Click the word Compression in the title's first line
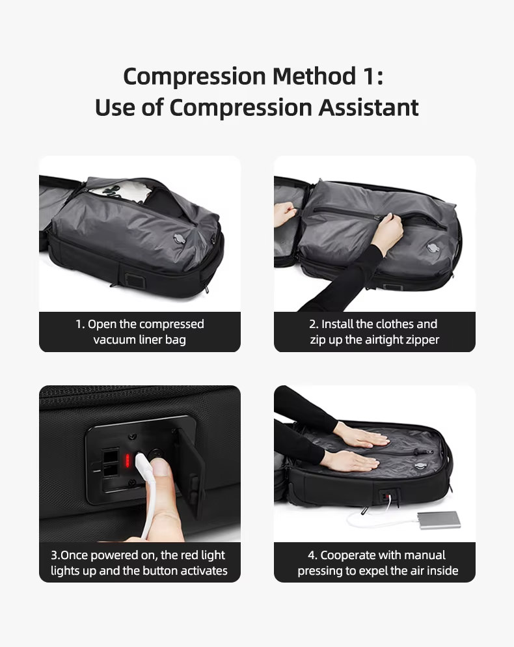[193, 76]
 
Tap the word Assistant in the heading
[368, 107]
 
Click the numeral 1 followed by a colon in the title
[372, 76]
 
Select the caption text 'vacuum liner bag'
[139, 340]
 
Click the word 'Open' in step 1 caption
[103, 324]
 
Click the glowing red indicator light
[129, 461]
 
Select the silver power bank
[439, 519]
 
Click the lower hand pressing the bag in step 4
[351, 460]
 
